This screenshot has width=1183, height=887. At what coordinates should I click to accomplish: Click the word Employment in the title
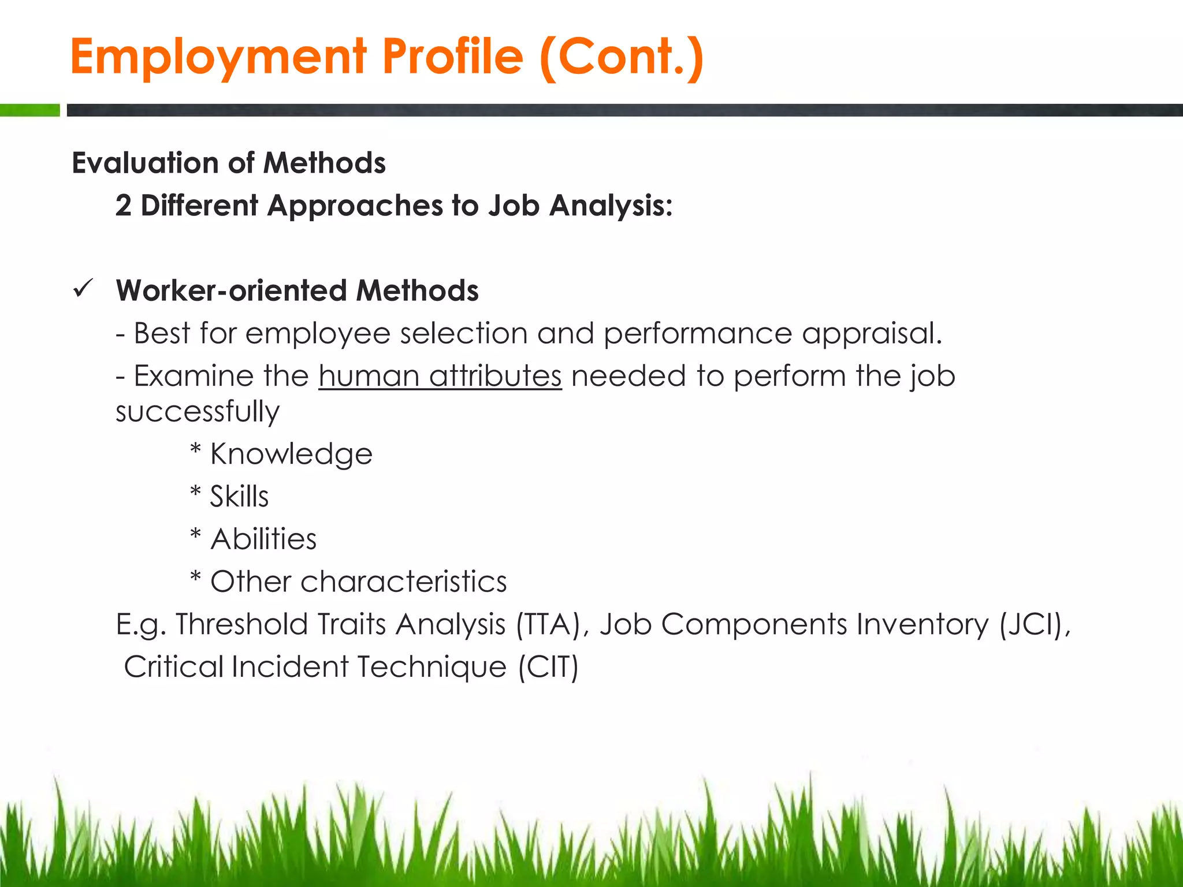pos(218,58)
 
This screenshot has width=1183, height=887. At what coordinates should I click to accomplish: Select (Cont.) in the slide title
pos(622,57)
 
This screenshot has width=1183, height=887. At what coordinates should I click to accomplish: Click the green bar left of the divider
pos(29,110)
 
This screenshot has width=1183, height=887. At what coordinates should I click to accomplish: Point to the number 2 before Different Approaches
pos(123,206)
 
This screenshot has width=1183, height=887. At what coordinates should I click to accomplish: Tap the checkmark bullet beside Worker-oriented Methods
pos(84,288)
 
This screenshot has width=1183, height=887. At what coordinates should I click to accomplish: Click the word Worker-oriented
pos(231,290)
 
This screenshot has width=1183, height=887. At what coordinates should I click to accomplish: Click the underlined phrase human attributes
pos(440,377)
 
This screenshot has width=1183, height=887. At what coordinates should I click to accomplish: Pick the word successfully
pos(198,412)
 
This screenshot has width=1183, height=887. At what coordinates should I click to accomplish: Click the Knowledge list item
pos(291,454)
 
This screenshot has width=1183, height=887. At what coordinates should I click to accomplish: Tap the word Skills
pos(239,497)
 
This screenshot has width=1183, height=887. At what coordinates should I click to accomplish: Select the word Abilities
pos(263,539)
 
